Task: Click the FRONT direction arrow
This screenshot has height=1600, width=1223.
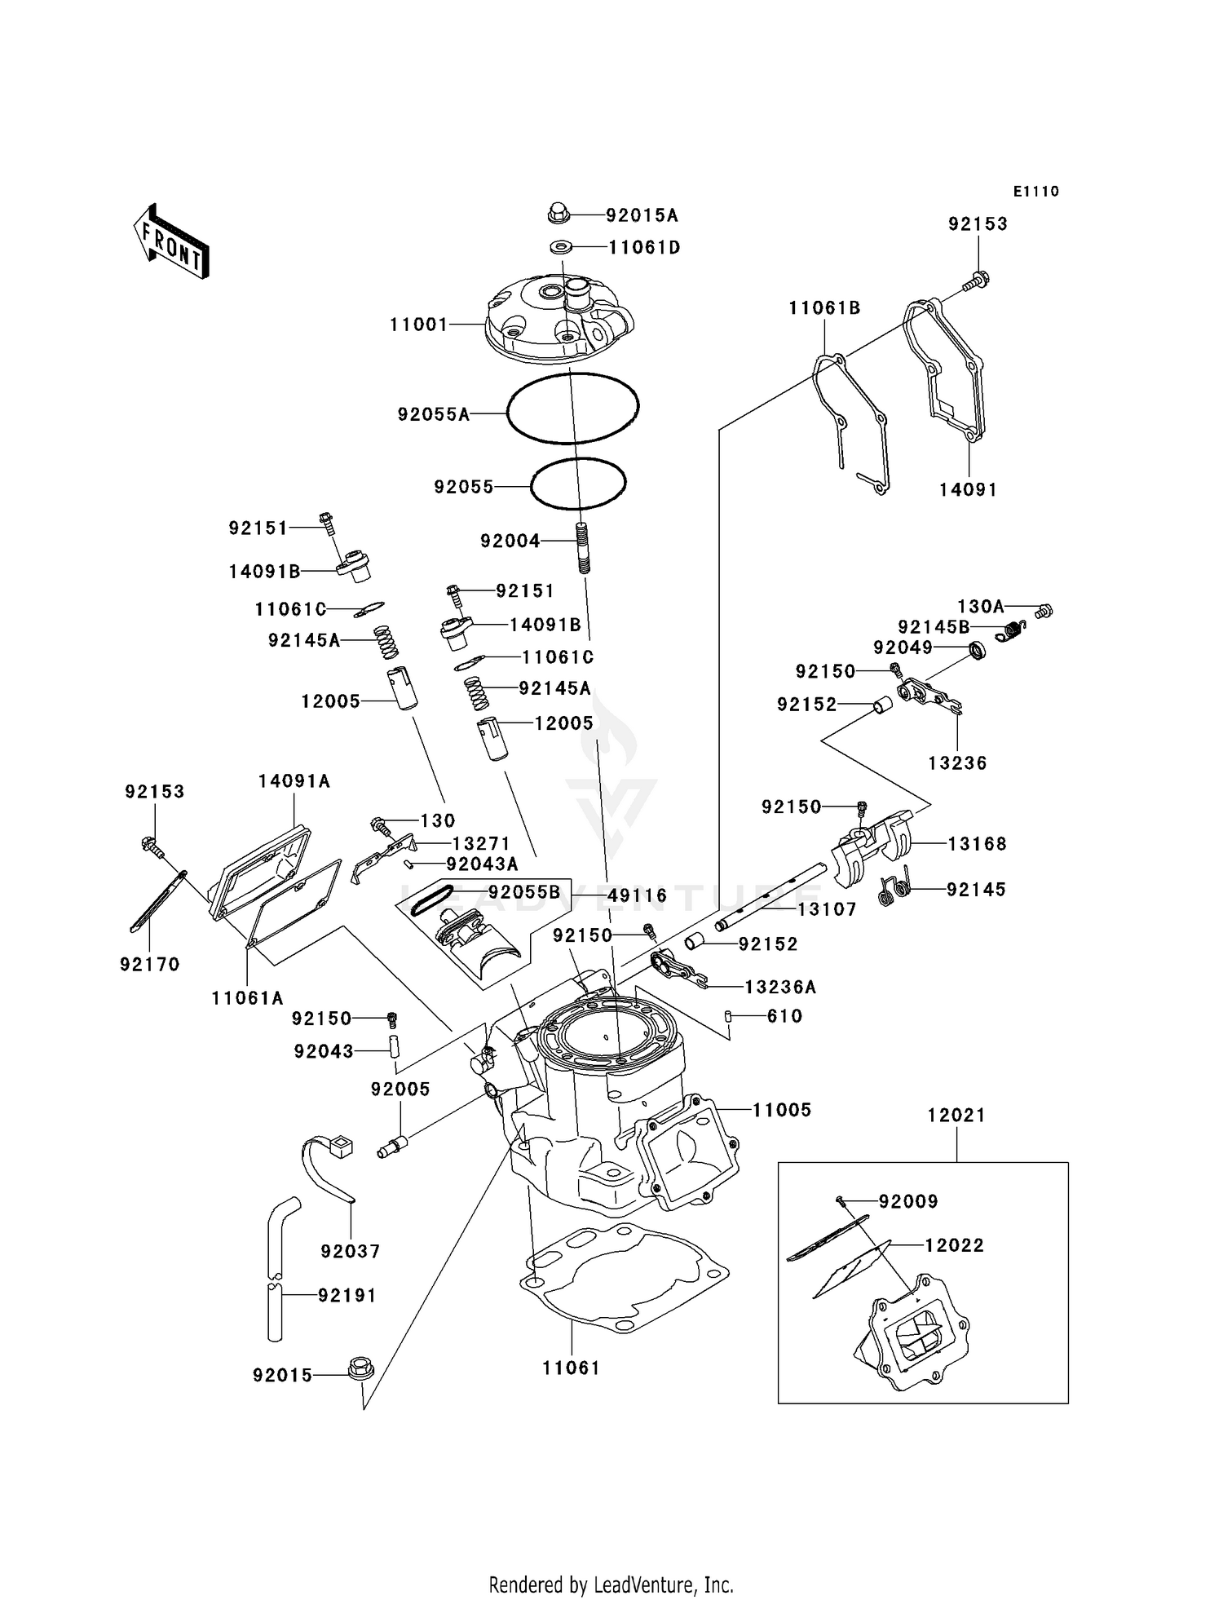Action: [171, 241]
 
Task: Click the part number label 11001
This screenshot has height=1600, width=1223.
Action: [419, 325]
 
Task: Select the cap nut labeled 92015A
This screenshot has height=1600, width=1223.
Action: [558, 214]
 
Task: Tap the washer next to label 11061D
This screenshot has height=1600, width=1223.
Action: [560, 245]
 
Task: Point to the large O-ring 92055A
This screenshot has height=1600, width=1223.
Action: [572, 408]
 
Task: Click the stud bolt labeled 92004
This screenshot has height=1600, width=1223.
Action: [582, 547]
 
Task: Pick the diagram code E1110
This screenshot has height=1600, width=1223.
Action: [1035, 191]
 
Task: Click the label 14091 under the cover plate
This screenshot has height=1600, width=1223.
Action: [968, 489]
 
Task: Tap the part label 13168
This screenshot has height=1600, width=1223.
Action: [977, 844]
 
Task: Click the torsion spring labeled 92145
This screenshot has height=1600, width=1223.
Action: [897, 889]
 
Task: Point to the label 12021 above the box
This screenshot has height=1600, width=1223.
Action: [956, 1115]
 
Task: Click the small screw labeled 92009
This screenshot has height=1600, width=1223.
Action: [840, 1200]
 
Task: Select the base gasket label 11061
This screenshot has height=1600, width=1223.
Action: [571, 1368]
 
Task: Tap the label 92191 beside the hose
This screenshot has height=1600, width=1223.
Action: [347, 1295]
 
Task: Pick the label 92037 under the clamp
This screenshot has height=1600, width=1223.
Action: [351, 1251]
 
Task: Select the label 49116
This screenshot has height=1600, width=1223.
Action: [638, 895]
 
